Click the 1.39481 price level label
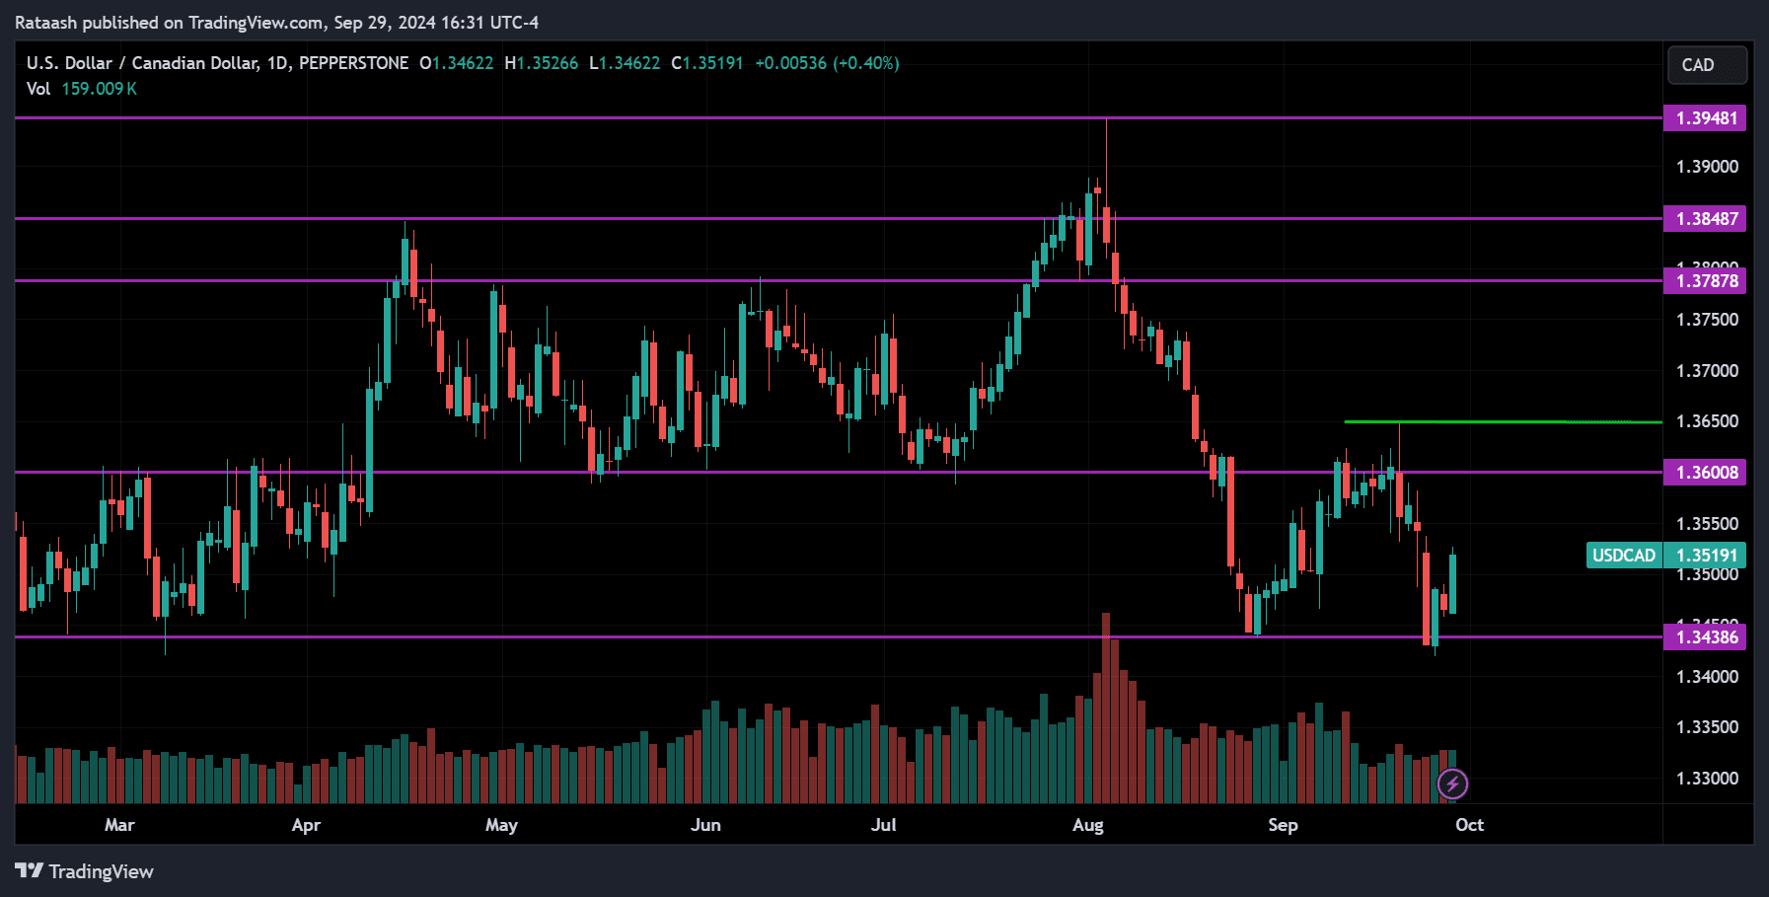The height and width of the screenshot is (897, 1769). click(1705, 118)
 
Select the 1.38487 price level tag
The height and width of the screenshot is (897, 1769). click(1705, 219)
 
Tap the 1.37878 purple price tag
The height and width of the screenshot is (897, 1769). click(1705, 281)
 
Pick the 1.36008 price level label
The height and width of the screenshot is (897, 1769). click(1705, 473)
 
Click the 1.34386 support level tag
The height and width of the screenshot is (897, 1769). click(1705, 637)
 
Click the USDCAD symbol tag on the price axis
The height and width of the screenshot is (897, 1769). click(1623, 556)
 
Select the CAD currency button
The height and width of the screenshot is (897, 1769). click(1706, 65)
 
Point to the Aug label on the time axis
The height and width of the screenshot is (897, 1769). click(1087, 825)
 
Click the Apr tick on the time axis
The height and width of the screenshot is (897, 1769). click(306, 825)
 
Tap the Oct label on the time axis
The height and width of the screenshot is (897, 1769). click(1469, 825)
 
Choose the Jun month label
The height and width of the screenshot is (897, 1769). click(705, 825)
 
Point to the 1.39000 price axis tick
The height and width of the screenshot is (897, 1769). click(1707, 167)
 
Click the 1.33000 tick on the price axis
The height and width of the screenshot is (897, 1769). click(1707, 779)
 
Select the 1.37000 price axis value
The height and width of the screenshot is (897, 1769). click(1707, 371)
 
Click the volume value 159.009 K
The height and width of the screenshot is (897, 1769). click(99, 89)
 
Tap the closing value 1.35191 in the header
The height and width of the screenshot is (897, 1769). click(712, 63)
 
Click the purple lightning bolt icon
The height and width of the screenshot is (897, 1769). click(1452, 785)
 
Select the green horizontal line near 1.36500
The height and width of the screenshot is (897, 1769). click(1500, 422)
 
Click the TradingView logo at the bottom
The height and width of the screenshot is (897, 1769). click(85, 871)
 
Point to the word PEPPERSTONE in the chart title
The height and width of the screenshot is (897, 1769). click(353, 63)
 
